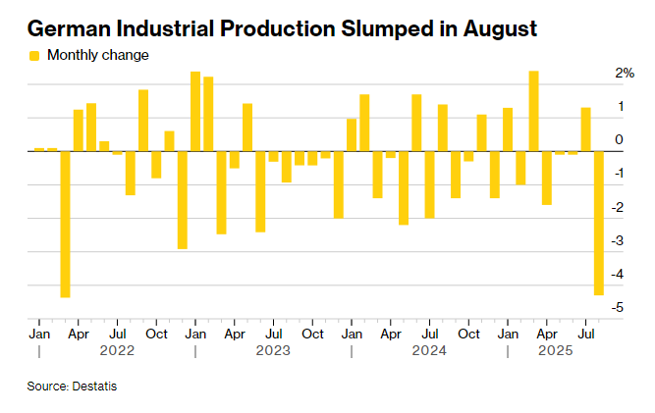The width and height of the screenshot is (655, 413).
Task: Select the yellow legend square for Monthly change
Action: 34,56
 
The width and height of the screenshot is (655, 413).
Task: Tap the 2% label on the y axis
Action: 624,74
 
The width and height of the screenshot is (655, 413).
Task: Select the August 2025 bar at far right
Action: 598,223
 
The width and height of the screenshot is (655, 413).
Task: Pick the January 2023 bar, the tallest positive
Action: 195,112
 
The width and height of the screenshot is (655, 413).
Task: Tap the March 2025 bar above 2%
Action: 533,111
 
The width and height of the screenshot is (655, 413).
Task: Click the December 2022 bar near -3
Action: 183,200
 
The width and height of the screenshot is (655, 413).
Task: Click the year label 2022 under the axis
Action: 117,349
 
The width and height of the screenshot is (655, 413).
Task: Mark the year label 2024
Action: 429,349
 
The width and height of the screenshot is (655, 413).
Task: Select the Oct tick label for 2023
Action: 312,334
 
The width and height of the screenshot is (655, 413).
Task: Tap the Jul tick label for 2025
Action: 585,334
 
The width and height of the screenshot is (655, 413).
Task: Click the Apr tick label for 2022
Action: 78,334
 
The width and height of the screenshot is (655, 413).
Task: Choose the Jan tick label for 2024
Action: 352,334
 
